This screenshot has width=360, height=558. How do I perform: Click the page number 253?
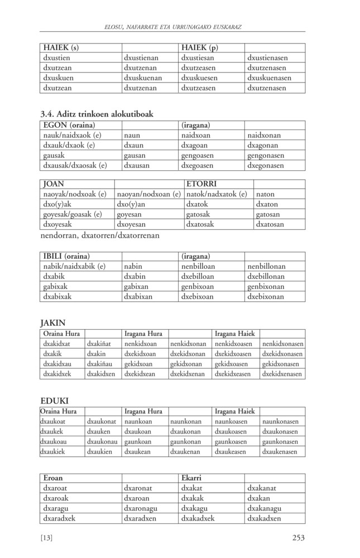click(x=298, y=538)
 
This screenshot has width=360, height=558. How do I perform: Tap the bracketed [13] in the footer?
click(x=46, y=538)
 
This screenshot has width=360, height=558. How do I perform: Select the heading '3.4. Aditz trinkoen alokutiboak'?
click(x=97, y=114)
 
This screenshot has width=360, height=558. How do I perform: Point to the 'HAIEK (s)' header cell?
click(x=61, y=47)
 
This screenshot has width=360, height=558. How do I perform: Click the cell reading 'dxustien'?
click(x=59, y=57)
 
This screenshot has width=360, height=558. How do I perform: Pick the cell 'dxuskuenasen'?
click(x=268, y=78)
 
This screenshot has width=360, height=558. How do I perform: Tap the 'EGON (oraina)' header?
click(x=69, y=125)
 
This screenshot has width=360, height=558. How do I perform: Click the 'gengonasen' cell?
click(x=265, y=155)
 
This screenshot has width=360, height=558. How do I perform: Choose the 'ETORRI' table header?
click(x=201, y=184)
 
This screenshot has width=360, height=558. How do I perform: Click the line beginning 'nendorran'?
click(x=100, y=235)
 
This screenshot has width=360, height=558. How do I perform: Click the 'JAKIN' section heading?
click(x=53, y=322)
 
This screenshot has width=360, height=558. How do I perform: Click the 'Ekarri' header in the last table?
click(x=191, y=478)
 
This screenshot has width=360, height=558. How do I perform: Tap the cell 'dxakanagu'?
click(x=264, y=508)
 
